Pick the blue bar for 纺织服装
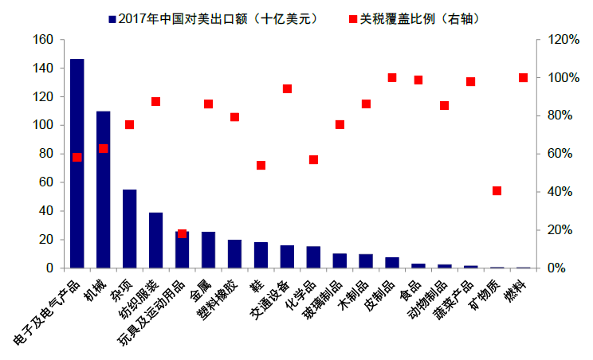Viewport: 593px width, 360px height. [x=156, y=240]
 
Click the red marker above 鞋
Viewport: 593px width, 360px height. [x=261, y=166]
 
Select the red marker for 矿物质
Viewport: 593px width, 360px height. [x=497, y=191]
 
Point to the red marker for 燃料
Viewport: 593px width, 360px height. [x=523, y=78]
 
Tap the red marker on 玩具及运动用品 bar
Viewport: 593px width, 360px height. [x=182, y=234]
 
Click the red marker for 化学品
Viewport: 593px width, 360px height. [x=313, y=160]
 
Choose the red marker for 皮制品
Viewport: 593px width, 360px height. [x=392, y=78]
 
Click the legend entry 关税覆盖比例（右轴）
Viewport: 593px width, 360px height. [x=413, y=18]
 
